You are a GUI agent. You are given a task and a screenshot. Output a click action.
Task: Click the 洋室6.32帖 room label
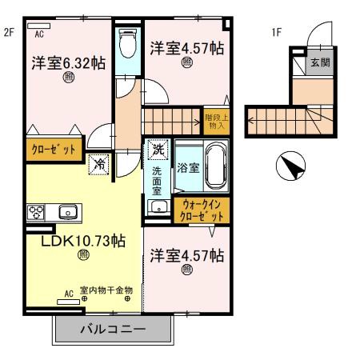(68, 62)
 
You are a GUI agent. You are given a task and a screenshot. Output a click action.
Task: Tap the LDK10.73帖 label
(83, 239)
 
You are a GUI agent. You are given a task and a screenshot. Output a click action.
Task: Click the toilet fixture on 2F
(127, 46)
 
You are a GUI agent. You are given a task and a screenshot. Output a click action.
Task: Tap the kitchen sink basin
(67, 212)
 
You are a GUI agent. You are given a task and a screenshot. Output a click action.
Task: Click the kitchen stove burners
(36, 212)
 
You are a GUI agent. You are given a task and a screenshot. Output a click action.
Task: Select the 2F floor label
(10, 33)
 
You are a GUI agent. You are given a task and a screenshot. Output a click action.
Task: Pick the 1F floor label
(277, 33)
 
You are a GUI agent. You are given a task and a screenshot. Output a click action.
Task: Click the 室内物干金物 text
(106, 291)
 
